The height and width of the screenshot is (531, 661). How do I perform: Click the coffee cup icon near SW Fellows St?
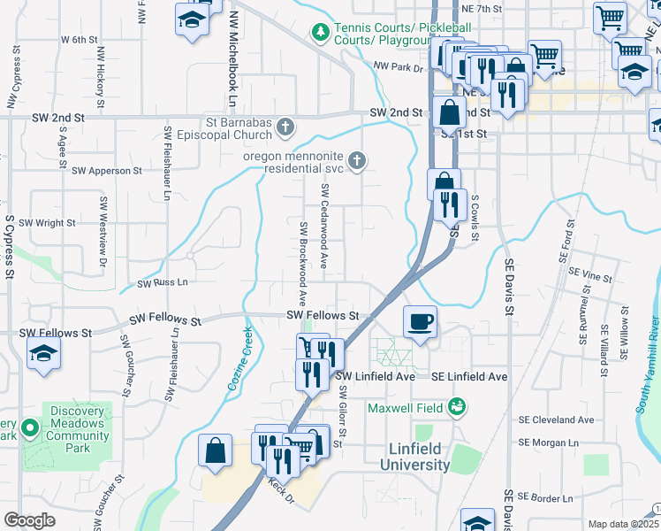pyautogui.click(x=421, y=321)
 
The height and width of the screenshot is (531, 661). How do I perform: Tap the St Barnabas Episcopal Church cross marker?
pyautogui.click(x=285, y=127)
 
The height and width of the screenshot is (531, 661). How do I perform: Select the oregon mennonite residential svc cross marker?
pyautogui.click(x=356, y=160)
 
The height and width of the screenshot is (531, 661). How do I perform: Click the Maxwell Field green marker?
pyautogui.click(x=457, y=407)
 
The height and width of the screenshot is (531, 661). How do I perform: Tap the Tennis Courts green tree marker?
pyautogui.click(x=319, y=33)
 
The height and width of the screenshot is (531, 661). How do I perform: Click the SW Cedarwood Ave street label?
pyautogui.click(x=325, y=227)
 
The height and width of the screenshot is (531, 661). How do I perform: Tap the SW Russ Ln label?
pyautogui.click(x=163, y=283)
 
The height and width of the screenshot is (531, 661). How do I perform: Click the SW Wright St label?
pyautogui.click(x=47, y=223)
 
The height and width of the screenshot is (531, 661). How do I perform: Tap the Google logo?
pyautogui.click(x=29, y=520)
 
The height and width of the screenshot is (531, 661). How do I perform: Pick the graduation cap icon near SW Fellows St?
pyautogui.click(x=42, y=356)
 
